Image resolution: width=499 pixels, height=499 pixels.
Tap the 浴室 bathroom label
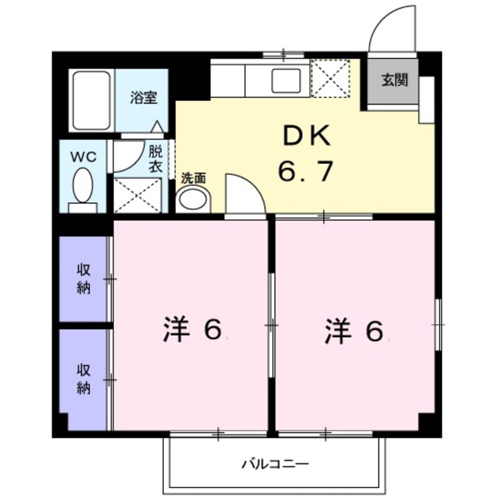pyautogui.click(x=143, y=98)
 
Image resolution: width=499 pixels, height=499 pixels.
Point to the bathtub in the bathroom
pyautogui.click(x=91, y=100)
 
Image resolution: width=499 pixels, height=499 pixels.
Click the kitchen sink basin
pyautogui.click(x=286, y=81)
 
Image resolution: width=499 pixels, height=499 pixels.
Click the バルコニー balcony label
pyautogui.click(x=274, y=464)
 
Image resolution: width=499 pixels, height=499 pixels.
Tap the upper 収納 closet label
pyautogui.click(x=84, y=280)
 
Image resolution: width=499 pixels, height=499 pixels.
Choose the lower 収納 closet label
pyautogui.click(x=84, y=379)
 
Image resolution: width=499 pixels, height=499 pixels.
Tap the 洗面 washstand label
pyautogui.click(x=193, y=177)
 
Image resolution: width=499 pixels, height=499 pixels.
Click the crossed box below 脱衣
pyautogui.click(x=137, y=195)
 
